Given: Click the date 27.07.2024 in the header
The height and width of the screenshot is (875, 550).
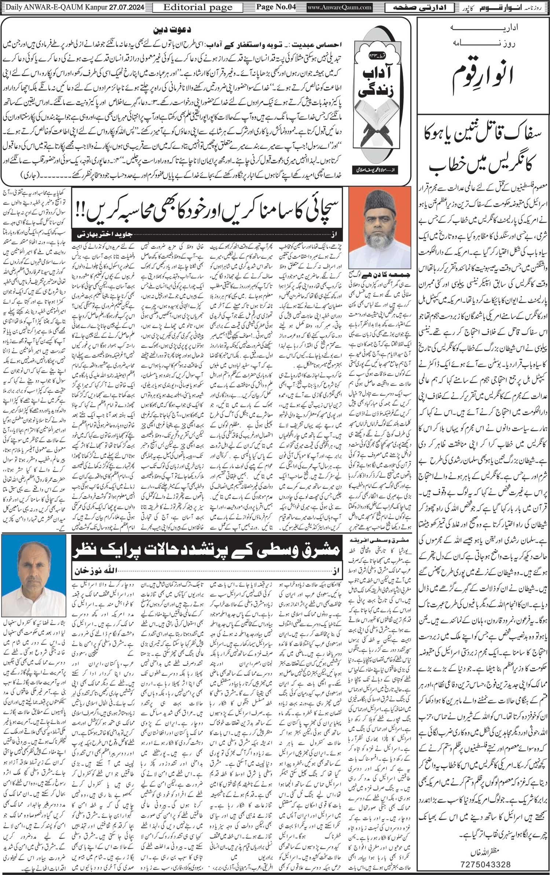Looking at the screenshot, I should (x=127, y=7).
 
